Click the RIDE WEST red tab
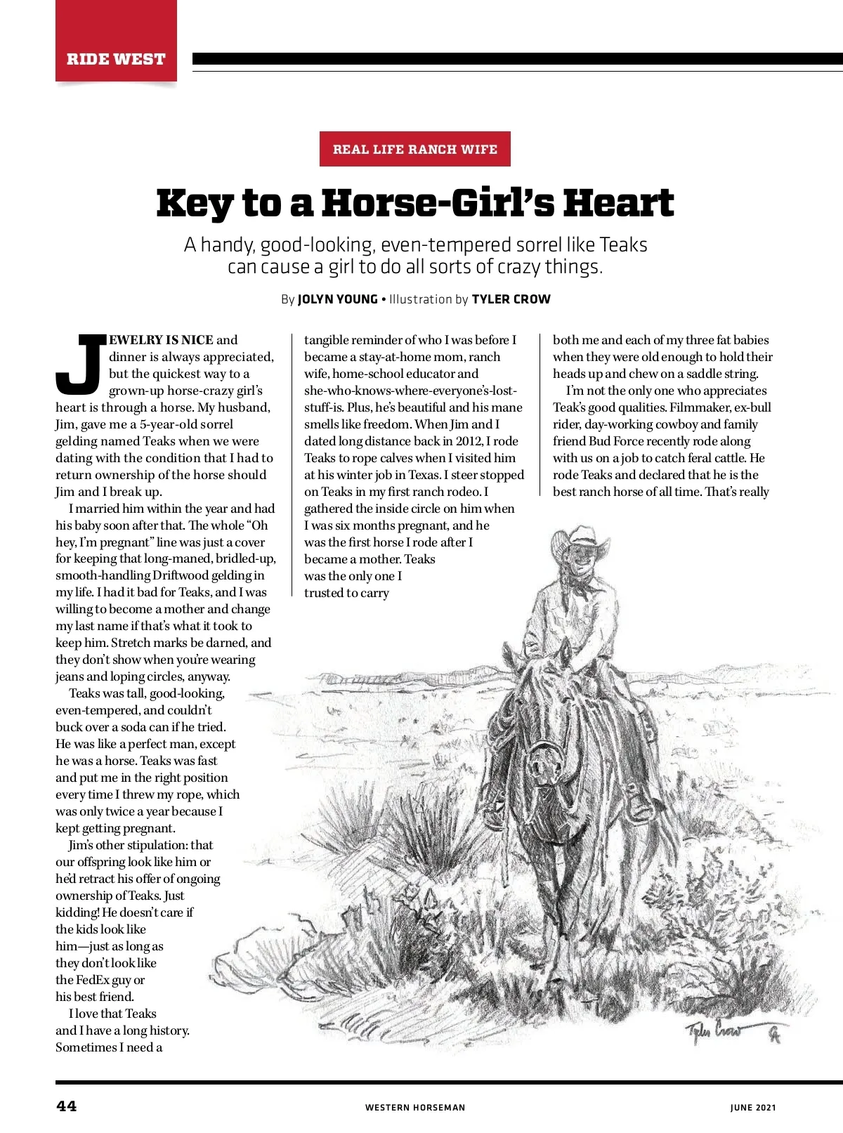(116, 58)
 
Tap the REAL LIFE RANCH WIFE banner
(414, 149)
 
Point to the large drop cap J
(80, 364)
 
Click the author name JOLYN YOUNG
(337, 299)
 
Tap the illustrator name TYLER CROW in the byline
(511, 299)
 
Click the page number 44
(67, 1106)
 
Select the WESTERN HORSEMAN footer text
(414, 1108)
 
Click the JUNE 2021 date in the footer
(753, 1108)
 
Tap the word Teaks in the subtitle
(623, 244)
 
